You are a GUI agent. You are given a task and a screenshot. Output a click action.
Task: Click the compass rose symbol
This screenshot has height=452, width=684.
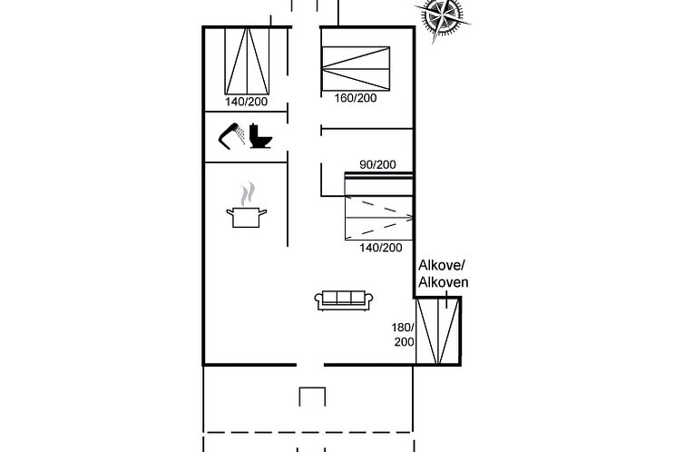point(442,17)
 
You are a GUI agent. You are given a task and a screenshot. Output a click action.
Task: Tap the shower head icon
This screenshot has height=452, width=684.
point(230,135)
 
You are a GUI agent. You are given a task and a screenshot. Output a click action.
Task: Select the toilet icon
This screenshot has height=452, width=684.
point(261,136)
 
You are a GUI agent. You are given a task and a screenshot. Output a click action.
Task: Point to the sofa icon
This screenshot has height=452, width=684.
point(344,300)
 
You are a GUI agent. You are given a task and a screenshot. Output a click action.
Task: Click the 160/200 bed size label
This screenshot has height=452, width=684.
point(356,98)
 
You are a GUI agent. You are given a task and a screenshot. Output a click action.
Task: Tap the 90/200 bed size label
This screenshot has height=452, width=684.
point(377,164)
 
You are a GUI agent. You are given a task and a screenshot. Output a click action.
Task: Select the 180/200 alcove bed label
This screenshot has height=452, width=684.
point(404,335)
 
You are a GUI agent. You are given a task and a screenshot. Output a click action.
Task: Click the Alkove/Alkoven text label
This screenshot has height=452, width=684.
point(444,273)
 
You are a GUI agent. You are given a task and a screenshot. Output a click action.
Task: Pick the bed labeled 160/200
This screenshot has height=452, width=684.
point(356,68)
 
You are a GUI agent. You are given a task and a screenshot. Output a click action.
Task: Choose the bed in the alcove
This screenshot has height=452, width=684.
point(437,331)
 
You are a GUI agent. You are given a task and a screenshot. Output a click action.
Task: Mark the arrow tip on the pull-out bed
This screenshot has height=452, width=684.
point(412,217)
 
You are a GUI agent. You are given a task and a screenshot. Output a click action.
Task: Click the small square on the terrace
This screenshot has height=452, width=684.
point(312,397)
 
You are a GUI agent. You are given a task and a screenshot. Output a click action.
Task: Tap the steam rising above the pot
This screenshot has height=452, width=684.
point(248,193)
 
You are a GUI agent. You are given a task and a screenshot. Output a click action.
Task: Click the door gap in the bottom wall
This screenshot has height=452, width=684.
point(310,365)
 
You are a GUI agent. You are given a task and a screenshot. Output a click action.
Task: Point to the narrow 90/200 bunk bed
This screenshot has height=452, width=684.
point(378,183)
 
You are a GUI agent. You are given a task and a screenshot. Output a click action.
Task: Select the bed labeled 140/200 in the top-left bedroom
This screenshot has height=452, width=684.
point(247,61)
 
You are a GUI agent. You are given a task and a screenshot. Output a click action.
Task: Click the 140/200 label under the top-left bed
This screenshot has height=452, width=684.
point(247,102)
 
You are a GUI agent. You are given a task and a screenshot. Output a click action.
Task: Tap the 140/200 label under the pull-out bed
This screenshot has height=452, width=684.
point(381,248)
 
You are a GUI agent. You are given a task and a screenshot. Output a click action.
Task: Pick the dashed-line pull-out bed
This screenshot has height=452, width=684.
point(378,218)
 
